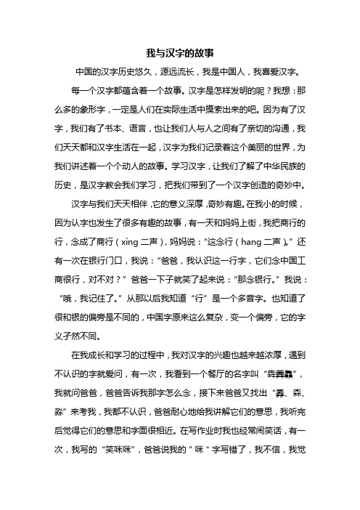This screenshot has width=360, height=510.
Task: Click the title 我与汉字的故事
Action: (x=180, y=52)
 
